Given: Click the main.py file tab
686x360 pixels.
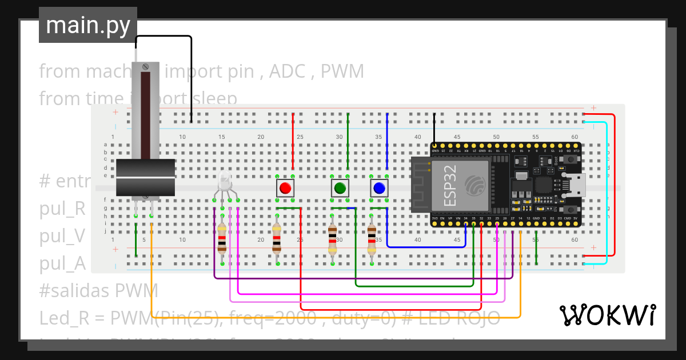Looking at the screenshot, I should point(88,25).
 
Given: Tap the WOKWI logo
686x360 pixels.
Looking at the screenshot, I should point(607,315).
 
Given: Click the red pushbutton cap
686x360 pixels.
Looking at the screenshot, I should point(285,188).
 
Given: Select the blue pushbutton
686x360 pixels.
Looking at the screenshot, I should point(378,188).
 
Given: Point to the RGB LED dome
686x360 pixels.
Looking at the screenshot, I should point(225,182).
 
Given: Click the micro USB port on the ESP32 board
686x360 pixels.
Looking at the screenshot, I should point(575,185).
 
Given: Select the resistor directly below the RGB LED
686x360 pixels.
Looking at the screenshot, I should point(222,239).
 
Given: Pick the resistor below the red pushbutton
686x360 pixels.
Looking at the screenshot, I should point(277,239).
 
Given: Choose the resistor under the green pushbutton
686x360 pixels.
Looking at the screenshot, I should point(332,239).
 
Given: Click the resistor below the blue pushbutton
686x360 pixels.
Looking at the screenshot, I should point(372,239).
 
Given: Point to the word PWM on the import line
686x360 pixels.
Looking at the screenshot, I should point(342,71).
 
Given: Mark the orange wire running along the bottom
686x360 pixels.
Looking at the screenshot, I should point(343,317).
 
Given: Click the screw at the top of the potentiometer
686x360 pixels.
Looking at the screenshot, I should point(145,67).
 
